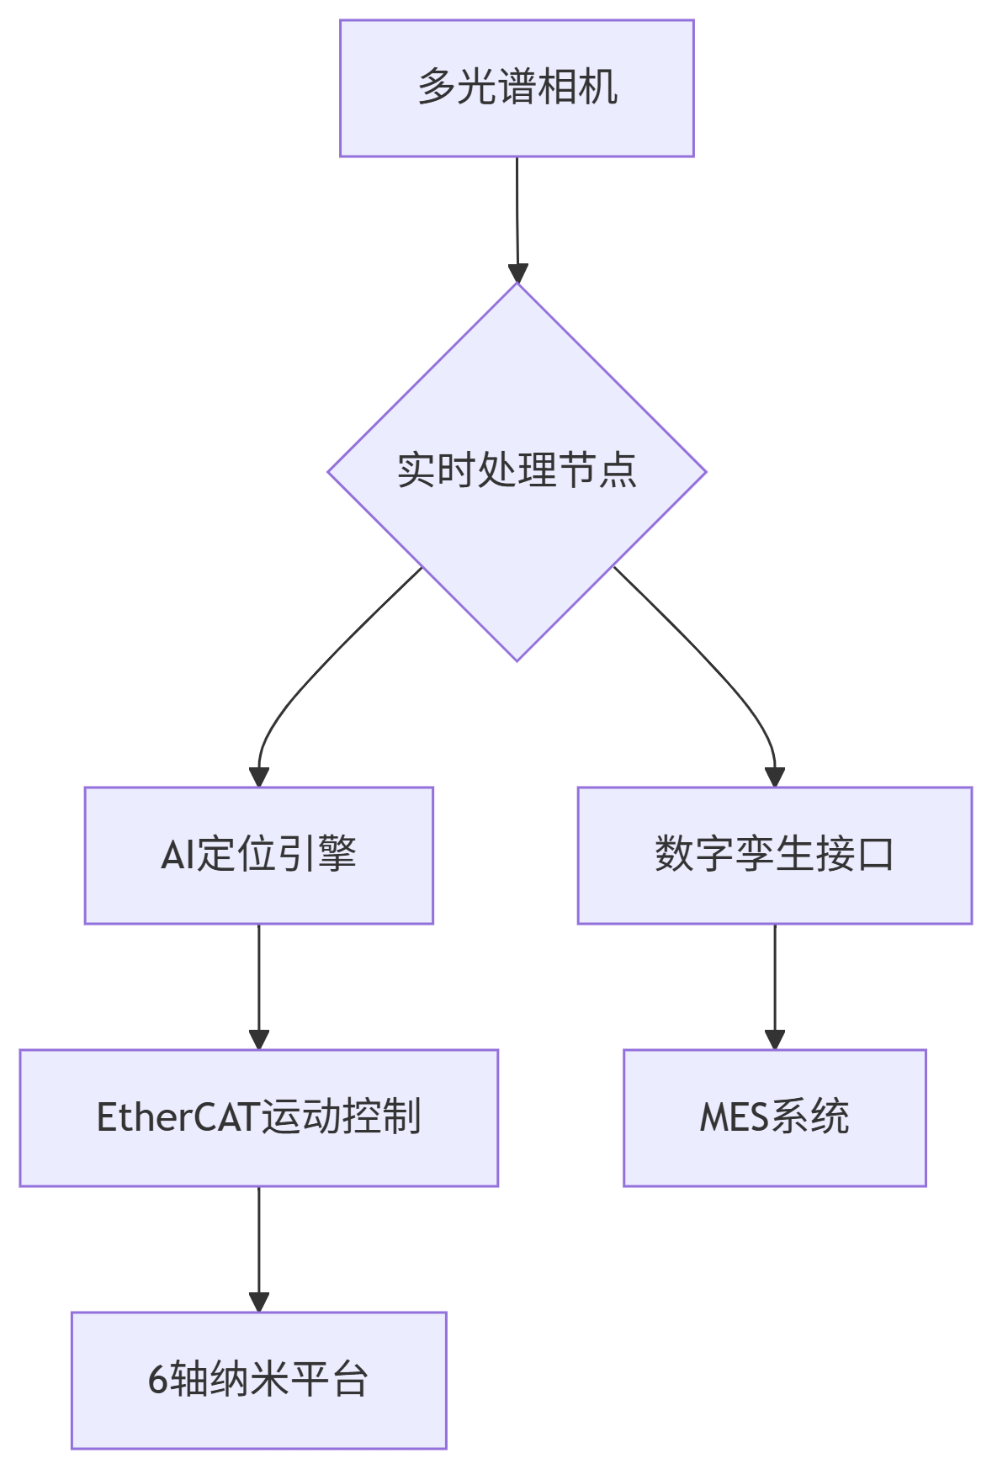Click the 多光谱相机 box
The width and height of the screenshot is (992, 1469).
pyautogui.click(x=517, y=88)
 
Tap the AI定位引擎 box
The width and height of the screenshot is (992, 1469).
pyautogui.click(x=258, y=855)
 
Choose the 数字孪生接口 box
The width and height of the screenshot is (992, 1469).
pyautogui.click(x=774, y=855)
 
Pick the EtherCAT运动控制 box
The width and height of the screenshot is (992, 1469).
pyautogui.click(x=258, y=1117)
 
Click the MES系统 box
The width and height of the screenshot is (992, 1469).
pyautogui.click(x=774, y=1117)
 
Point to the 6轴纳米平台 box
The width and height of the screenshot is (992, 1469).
pyautogui.click(x=258, y=1380)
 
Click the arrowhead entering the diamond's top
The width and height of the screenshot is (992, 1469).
pyautogui.click(x=518, y=273)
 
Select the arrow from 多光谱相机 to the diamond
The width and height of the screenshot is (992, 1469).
pyautogui.click(x=517, y=210)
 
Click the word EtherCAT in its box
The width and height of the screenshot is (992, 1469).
pyautogui.click(x=178, y=1117)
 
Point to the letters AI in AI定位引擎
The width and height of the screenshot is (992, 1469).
pyautogui.click(x=178, y=855)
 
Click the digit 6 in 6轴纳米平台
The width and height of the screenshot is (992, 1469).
pyautogui.click(x=157, y=1380)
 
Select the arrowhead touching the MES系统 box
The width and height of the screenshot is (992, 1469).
pyautogui.click(x=774, y=1039)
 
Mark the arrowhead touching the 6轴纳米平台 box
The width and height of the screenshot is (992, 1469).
pyautogui.click(x=258, y=1302)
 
